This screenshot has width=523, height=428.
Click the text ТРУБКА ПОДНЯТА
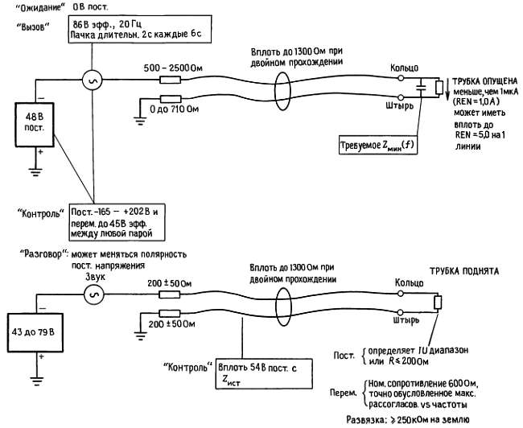tap(466, 272)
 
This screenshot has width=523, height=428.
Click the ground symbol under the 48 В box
tap(38, 171)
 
